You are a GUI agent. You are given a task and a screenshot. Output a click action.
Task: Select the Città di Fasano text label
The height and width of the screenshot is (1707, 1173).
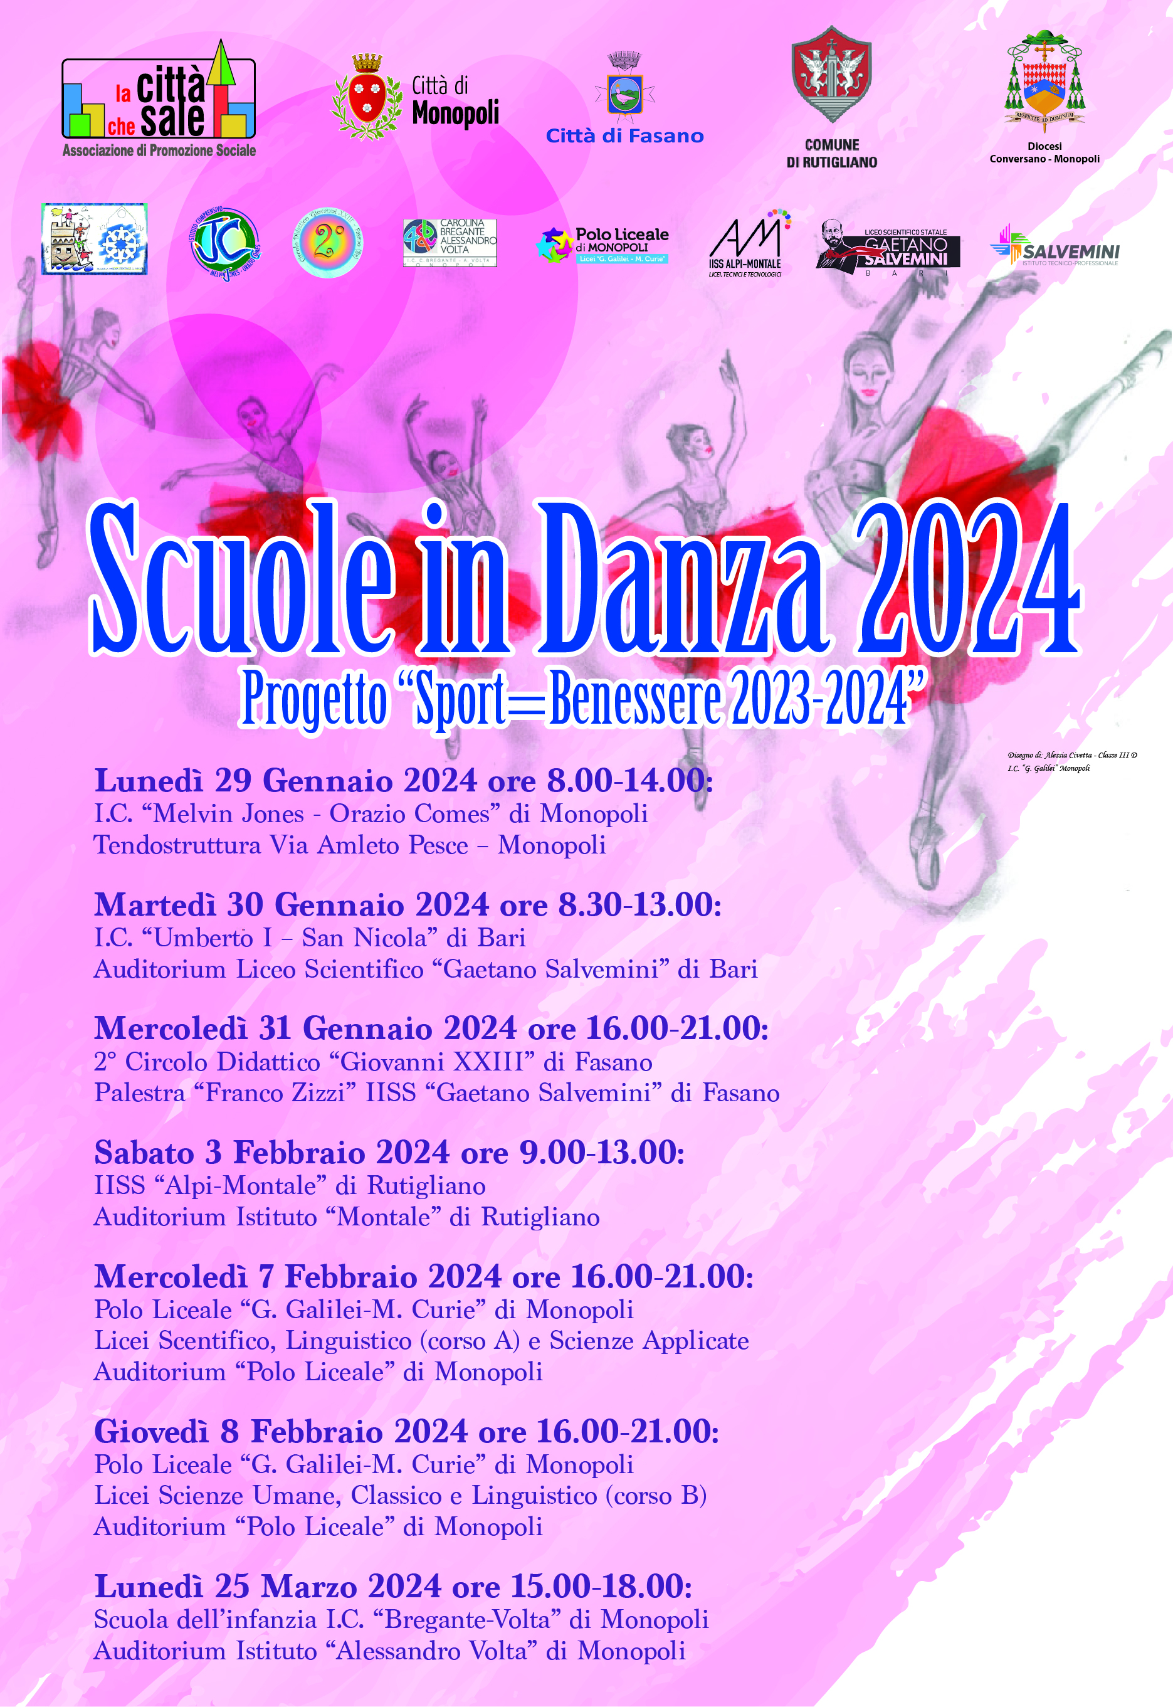624,136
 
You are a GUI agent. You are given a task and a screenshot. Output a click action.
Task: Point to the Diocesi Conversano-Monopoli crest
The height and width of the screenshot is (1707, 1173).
1044,80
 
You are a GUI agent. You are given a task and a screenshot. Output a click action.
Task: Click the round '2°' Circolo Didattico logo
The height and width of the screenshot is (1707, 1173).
328,242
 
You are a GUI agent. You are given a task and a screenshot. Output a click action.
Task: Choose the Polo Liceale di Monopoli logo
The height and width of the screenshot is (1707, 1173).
602,245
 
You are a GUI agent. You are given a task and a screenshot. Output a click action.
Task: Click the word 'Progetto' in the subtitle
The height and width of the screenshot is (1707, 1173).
315,699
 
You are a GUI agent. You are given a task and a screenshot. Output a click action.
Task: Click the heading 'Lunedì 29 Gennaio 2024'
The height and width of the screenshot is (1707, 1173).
286,781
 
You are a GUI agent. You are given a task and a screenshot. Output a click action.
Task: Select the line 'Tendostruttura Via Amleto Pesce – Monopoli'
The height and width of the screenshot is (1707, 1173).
350,845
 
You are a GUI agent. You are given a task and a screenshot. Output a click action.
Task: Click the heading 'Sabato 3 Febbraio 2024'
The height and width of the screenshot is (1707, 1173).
272,1153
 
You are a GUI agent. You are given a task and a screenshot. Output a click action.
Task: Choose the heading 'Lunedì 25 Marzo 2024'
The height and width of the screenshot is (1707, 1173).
268,1587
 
